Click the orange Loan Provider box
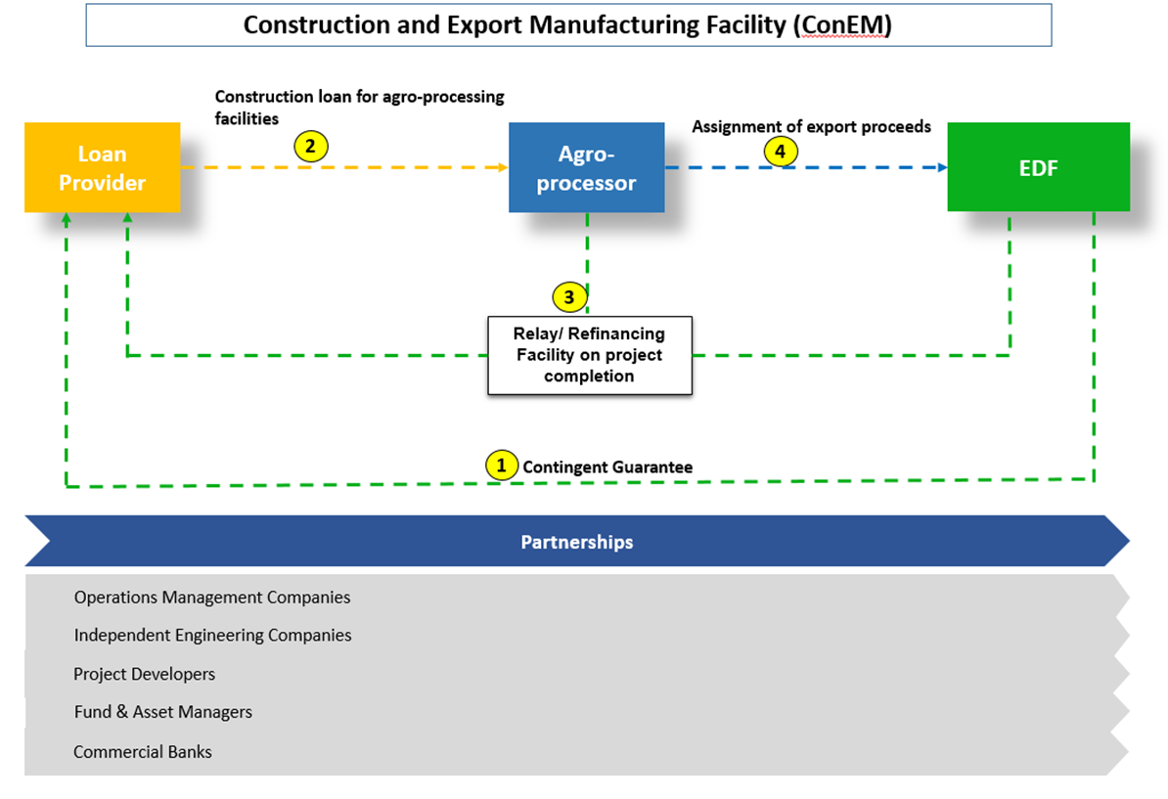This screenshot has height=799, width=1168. click(102, 168)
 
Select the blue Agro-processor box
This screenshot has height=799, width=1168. click(586, 168)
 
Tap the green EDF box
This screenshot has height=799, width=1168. click(1038, 167)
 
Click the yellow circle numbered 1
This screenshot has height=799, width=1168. click(502, 466)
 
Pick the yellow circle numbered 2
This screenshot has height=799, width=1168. click(310, 148)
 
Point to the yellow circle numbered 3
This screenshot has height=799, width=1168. click(569, 296)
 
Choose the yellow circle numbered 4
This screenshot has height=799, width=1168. click(780, 152)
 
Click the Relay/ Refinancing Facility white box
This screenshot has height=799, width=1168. click(589, 355)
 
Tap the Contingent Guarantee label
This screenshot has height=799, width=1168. click(607, 467)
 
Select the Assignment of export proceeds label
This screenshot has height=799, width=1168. click(811, 127)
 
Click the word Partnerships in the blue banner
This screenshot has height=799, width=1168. click(576, 542)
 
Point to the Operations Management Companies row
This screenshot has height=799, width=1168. click(212, 597)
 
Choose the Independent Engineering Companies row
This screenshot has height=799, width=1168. click(212, 636)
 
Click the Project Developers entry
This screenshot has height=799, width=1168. click(145, 674)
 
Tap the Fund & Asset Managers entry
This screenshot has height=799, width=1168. click(163, 712)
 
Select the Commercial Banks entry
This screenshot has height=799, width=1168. click(143, 752)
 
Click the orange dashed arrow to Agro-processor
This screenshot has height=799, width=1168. click(411, 168)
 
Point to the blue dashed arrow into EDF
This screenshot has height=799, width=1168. click(861, 168)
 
